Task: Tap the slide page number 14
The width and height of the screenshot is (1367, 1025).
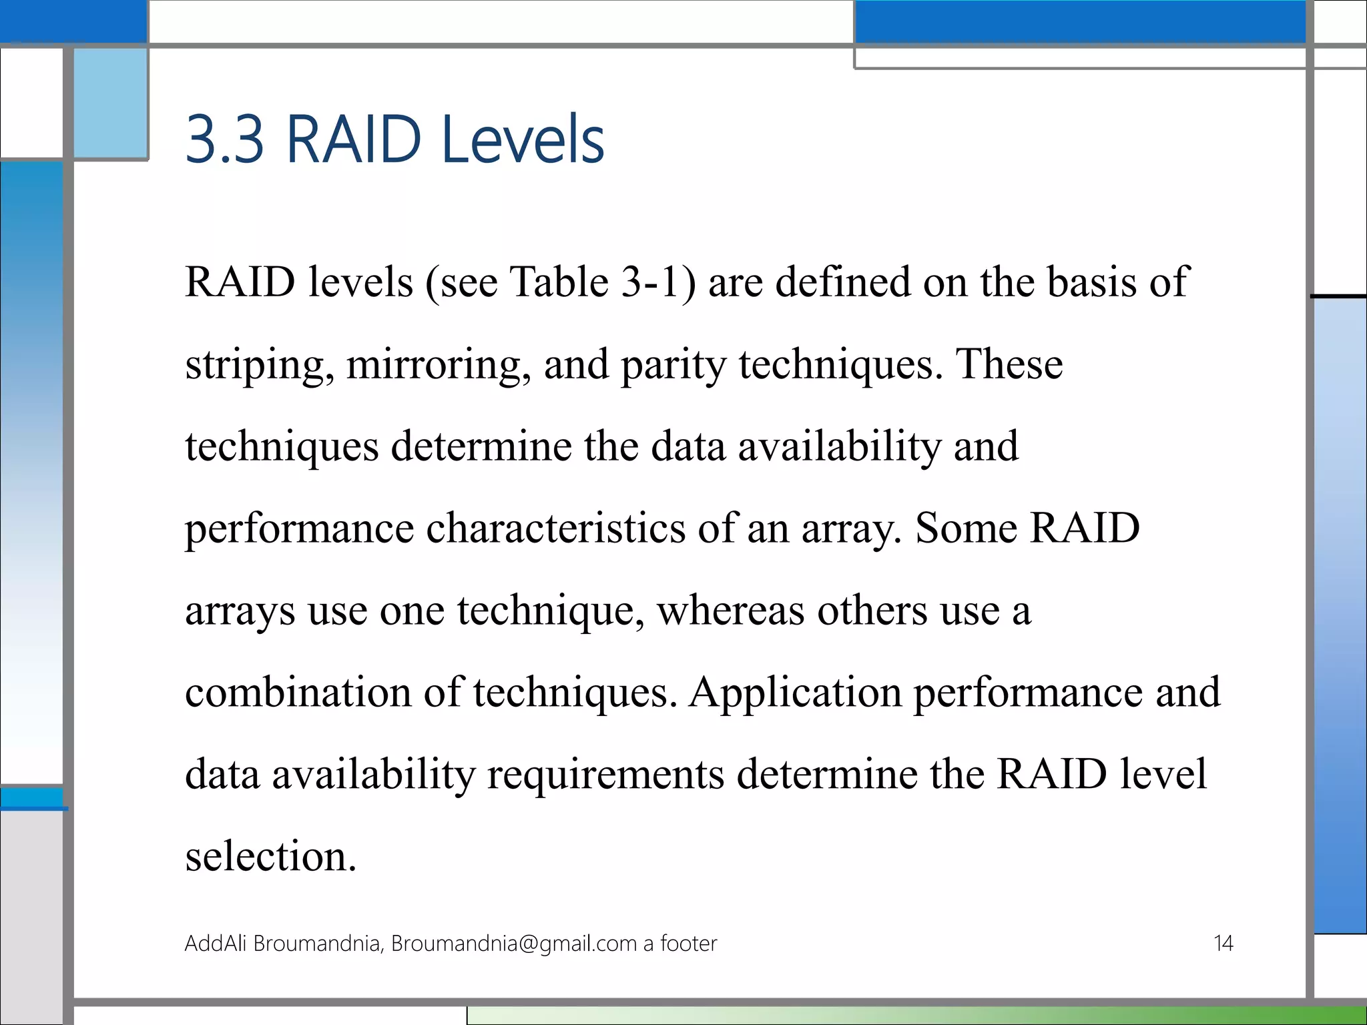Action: [x=1223, y=944]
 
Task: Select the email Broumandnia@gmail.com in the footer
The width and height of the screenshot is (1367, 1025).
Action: [x=514, y=944]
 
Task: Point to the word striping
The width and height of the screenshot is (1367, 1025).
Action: [x=259, y=366]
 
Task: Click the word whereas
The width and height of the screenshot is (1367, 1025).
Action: [x=730, y=611]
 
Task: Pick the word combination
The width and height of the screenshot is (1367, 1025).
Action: [x=298, y=692]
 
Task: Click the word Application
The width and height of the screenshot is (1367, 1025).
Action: [x=795, y=693]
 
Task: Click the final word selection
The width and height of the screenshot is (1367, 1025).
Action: [x=270, y=856]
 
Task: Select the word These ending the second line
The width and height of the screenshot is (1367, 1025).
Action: [x=1009, y=364]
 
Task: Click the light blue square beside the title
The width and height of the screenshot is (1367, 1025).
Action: [x=110, y=103]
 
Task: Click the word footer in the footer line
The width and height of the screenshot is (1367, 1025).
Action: [x=688, y=944]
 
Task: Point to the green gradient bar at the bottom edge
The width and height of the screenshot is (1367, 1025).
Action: [x=934, y=1015]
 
